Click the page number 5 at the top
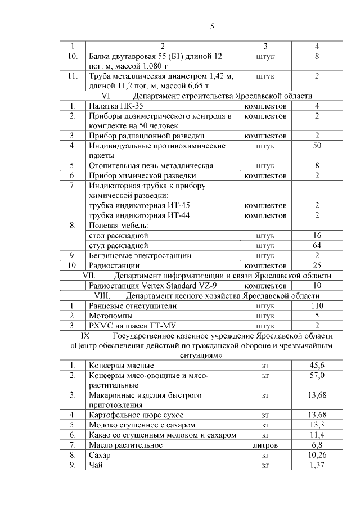pyautogui.click(x=212, y=26)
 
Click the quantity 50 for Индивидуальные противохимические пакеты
pyautogui.click(x=317, y=146)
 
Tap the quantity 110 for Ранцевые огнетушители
pyautogui.click(x=317, y=306)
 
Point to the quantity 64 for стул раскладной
pyautogui.click(x=317, y=245)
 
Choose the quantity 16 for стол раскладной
pyautogui.click(x=317, y=236)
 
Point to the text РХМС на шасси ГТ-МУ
pyautogui.click(x=129, y=326)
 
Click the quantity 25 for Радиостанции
pyautogui.click(x=317, y=265)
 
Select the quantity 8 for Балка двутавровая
pyautogui.click(x=317, y=56)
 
